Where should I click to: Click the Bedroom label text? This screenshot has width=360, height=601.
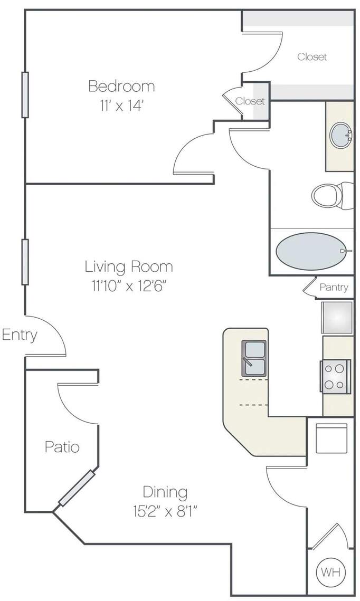(121, 86)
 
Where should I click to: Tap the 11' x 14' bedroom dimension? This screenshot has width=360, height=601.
(121, 106)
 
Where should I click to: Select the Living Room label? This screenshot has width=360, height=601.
(129, 266)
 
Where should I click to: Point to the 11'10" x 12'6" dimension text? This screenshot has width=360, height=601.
(129, 286)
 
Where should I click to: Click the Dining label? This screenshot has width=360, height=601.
(165, 492)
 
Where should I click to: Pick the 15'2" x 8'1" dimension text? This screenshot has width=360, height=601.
(165, 511)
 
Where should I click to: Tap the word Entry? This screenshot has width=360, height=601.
(20, 336)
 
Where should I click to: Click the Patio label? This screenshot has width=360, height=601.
(62, 447)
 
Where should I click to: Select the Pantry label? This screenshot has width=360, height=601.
(334, 287)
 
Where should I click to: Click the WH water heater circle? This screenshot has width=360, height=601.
(330, 573)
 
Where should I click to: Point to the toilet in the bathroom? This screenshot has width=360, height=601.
(333, 195)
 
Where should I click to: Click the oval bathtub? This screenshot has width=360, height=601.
(312, 251)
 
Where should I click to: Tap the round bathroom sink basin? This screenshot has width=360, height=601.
(341, 135)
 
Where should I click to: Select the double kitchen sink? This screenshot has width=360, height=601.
(254, 358)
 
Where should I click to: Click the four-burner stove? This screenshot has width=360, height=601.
(336, 376)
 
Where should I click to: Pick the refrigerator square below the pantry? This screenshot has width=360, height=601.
(337, 317)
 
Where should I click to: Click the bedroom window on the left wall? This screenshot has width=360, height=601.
(25, 94)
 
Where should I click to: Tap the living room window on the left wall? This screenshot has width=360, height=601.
(25, 262)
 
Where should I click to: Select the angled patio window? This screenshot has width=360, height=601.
(77, 488)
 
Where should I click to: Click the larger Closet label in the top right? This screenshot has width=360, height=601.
(312, 57)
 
